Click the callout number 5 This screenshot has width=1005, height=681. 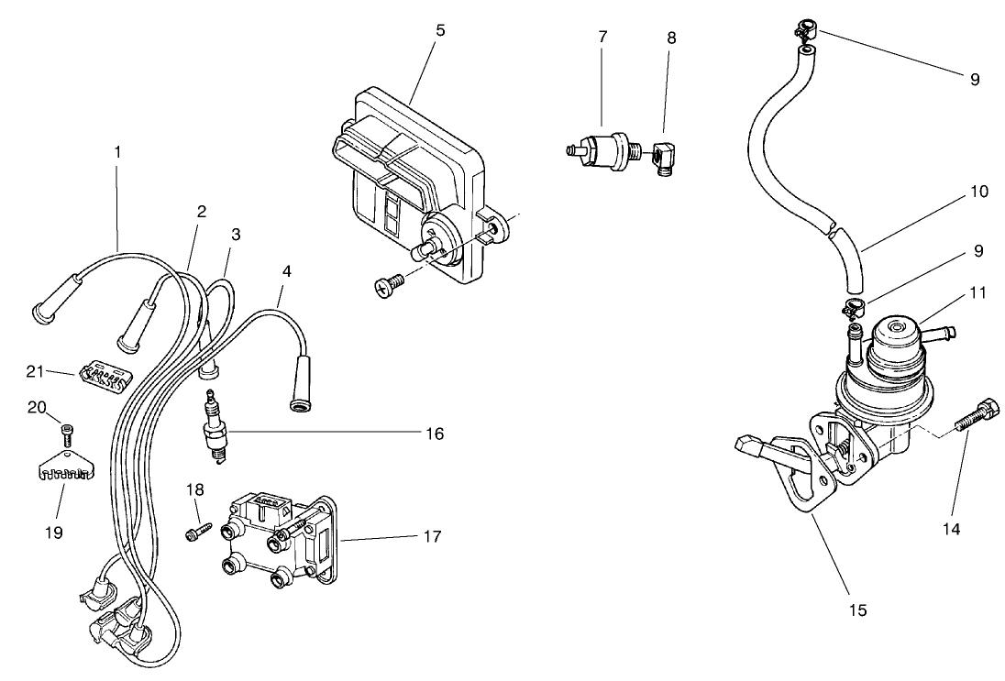pos(440,30)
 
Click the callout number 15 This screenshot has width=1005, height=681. pos(857,608)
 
